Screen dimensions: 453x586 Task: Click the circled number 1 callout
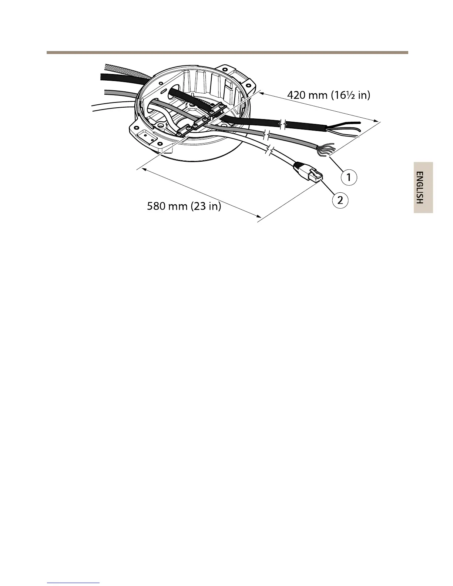[349, 177]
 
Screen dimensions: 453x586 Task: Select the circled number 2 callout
[340, 201]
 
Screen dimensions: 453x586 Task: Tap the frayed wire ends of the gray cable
[326, 149]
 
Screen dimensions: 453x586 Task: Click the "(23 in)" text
[206, 206]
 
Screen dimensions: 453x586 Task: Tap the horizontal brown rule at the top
[227, 53]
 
